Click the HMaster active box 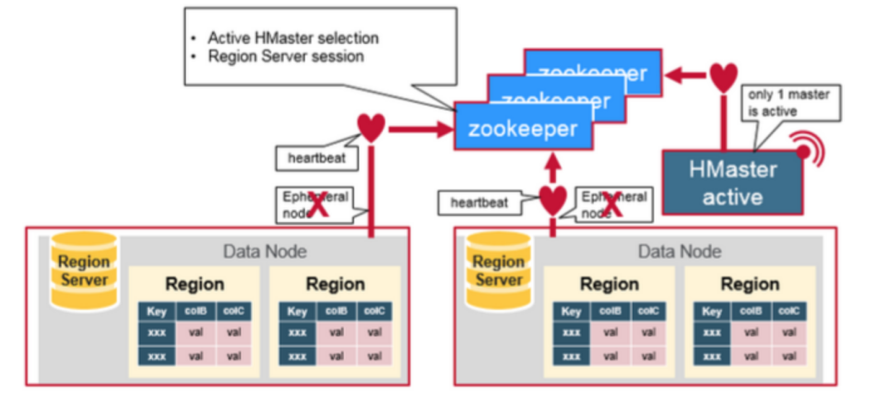coord(733,183)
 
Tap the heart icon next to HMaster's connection coord(723,77)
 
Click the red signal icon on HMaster coord(802,153)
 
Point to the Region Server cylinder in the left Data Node coord(84,270)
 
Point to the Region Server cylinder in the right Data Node coord(498,270)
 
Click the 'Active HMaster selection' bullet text coord(293,38)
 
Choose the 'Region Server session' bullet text coord(286,56)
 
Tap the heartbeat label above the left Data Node coord(311,157)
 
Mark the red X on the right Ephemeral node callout coord(612,206)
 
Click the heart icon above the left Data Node coord(371,127)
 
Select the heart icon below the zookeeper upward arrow coord(553,200)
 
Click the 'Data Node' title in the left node coord(264,251)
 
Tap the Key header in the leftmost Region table coord(156,312)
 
